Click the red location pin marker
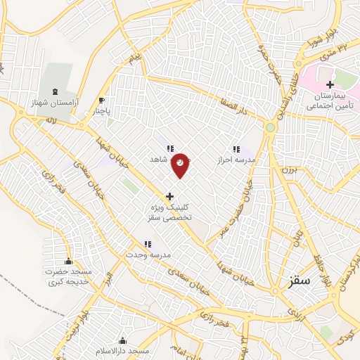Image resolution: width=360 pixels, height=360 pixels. (x=181, y=164)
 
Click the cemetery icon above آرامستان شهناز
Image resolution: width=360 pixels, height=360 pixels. (x=56, y=92)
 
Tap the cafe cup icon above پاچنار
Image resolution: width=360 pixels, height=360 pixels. (x=103, y=100)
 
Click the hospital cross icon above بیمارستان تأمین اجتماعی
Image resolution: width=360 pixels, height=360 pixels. (x=330, y=84)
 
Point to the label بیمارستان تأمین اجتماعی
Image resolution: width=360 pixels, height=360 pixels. (x=330, y=103)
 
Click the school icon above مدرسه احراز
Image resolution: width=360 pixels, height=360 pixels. (x=236, y=149)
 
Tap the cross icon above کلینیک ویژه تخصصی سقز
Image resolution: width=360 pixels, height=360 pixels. (x=169, y=195)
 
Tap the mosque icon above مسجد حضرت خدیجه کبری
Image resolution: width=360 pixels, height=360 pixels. (x=68, y=261)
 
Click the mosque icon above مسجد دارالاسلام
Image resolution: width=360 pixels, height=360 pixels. (x=123, y=340)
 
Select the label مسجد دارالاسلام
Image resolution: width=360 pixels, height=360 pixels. (x=123, y=350)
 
